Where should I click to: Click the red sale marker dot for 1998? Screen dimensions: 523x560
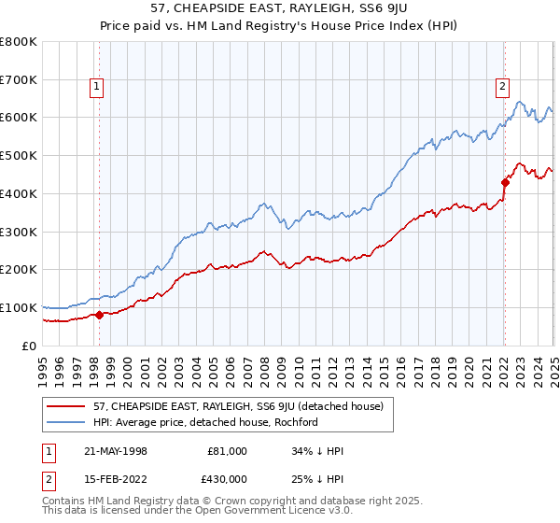coord(100,315)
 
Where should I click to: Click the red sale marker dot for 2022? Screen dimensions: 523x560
coord(505,182)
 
